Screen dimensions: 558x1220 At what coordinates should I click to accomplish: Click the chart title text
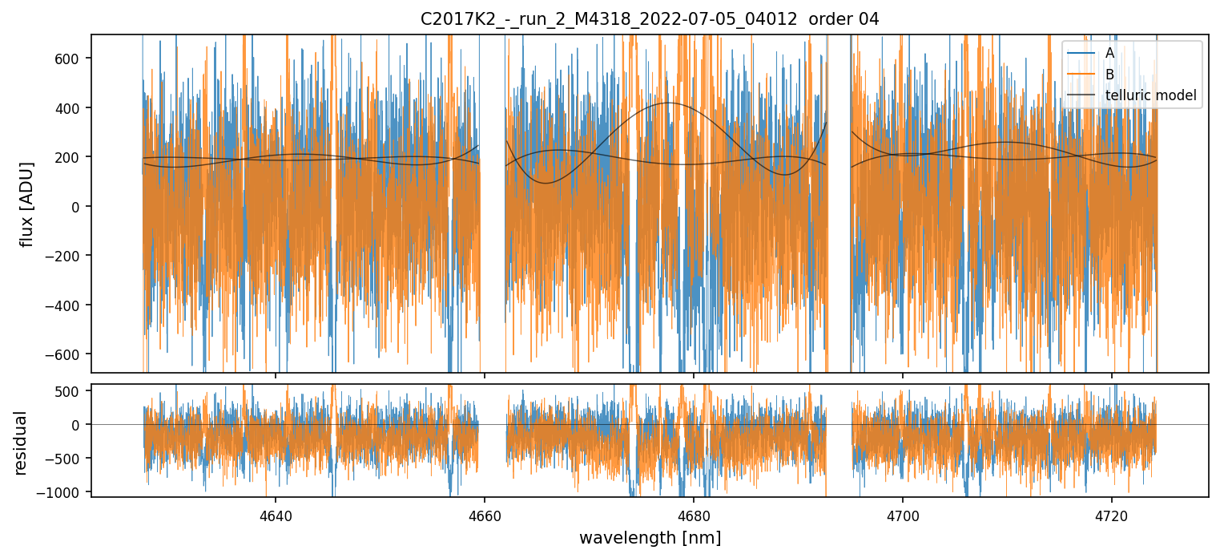point(650,19)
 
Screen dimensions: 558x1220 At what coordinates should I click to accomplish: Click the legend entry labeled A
point(1109,53)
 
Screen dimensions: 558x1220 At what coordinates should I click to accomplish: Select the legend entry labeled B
point(1109,74)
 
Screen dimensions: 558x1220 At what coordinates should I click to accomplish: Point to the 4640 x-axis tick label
point(276,514)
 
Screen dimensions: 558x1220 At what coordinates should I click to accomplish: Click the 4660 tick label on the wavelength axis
point(485,514)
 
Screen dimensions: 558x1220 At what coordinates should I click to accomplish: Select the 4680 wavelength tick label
point(694,514)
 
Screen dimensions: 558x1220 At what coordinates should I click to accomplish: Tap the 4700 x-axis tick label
point(903,514)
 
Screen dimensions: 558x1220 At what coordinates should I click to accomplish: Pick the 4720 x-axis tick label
point(1112,514)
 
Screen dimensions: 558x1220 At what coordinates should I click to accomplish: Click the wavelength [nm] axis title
point(650,537)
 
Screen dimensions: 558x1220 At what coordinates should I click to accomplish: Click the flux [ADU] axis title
point(27,204)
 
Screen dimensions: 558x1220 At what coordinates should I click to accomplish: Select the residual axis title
point(21,443)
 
